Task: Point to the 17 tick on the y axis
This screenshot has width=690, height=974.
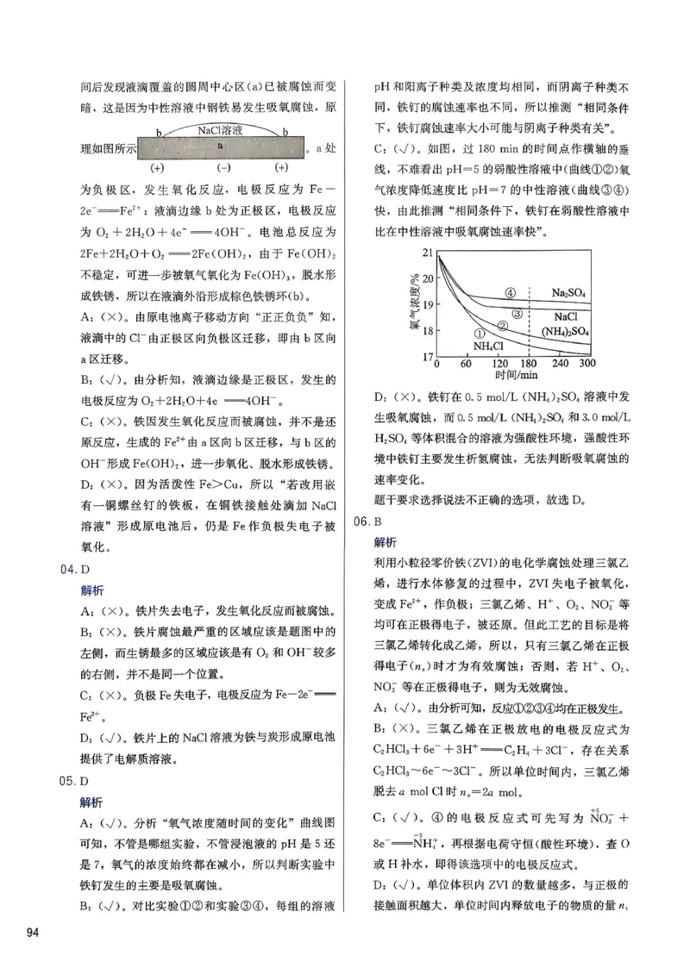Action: click(430, 356)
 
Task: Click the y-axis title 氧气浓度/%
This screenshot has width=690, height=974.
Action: click(413, 304)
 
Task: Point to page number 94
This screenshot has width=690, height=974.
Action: click(34, 933)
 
